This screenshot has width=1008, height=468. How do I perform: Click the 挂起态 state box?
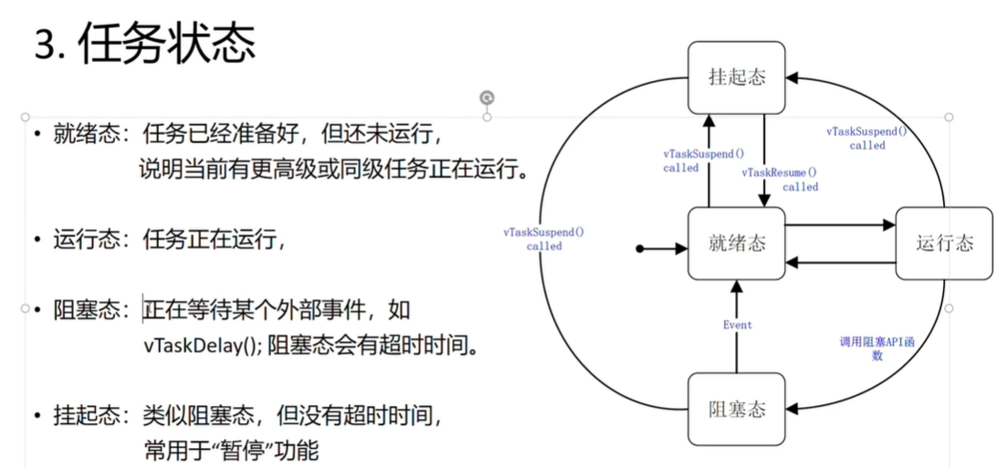736,77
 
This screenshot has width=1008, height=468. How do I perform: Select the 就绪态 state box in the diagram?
736,243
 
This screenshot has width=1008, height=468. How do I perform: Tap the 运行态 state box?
944,244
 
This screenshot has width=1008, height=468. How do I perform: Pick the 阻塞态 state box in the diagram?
736,409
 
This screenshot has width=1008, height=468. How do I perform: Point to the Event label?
737,325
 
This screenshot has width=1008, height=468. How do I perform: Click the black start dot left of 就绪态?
641,247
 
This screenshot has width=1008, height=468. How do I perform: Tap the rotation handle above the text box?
487,98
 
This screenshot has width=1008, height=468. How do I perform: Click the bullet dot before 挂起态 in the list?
37,417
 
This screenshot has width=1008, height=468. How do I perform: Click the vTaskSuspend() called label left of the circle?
544,239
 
